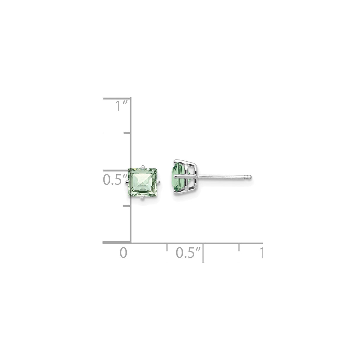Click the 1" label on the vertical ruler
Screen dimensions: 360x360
click(121, 106)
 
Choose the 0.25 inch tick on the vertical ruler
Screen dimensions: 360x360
click(127, 206)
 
